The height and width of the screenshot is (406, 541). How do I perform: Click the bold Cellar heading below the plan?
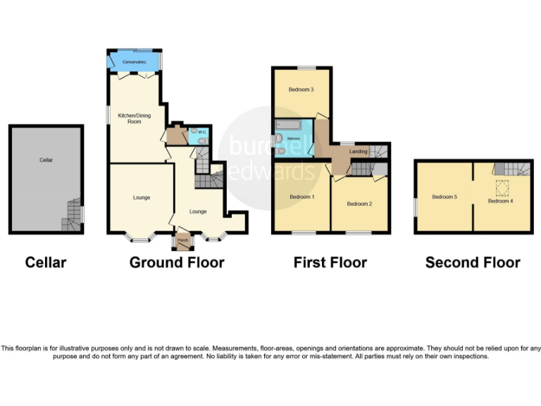click(x=46, y=263)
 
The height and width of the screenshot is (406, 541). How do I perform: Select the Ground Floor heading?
click(x=177, y=263)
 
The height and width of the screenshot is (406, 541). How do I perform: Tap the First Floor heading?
click(x=330, y=263)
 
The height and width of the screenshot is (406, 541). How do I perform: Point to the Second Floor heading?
click(x=473, y=263)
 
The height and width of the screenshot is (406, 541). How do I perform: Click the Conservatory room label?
click(x=133, y=63)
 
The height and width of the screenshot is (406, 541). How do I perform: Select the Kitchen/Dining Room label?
click(x=130, y=118)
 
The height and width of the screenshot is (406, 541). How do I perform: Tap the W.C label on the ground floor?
click(x=201, y=132)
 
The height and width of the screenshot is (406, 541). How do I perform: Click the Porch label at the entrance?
click(x=183, y=242)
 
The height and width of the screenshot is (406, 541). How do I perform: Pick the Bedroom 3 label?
click(x=301, y=90)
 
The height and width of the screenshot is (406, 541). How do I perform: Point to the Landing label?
click(x=359, y=152)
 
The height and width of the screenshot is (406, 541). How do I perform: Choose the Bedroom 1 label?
click(x=301, y=197)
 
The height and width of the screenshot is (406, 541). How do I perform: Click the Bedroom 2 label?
click(x=359, y=204)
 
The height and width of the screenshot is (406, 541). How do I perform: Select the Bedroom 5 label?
click(x=444, y=197)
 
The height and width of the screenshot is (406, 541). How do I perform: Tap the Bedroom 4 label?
click(x=501, y=201)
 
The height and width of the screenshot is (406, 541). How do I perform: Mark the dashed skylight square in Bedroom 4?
click(x=503, y=187)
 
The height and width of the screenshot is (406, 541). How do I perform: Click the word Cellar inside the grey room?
click(x=46, y=160)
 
